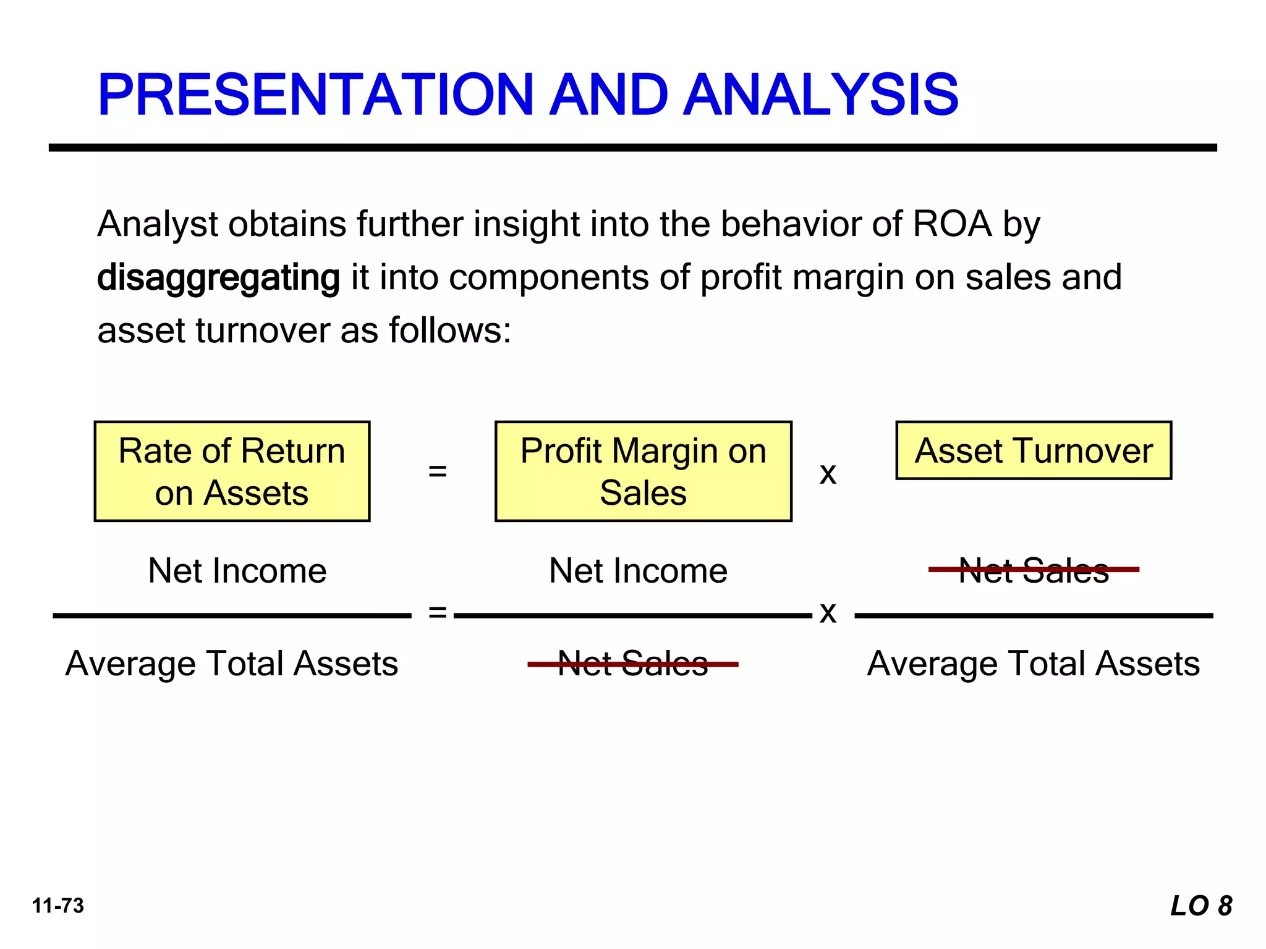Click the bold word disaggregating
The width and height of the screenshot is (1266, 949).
click(218, 277)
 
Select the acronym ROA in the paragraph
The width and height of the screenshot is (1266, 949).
click(952, 224)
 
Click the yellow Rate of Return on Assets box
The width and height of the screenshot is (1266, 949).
click(232, 471)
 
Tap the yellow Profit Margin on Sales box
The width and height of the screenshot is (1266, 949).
click(643, 471)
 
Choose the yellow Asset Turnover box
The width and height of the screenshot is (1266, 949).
click(1034, 450)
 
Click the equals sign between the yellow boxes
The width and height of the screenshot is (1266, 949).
click(437, 471)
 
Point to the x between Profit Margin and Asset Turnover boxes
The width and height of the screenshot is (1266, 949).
click(828, 474)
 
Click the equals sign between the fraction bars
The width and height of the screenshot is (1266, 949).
click(437, 612)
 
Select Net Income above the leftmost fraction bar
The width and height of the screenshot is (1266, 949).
click(237, 570)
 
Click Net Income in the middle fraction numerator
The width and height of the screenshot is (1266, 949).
click(638, 570)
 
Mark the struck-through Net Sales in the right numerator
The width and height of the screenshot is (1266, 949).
click(1034, 570)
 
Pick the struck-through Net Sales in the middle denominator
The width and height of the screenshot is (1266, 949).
click(633, 664)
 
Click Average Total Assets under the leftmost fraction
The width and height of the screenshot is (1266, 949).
click(232, 664)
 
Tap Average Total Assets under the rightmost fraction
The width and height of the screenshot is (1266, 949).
click(1034, 664)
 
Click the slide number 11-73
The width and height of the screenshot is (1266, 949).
click(58, 906)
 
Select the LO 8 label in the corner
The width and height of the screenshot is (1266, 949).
click(1201, 906)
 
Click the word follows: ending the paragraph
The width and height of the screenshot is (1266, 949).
click(449, 331)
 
